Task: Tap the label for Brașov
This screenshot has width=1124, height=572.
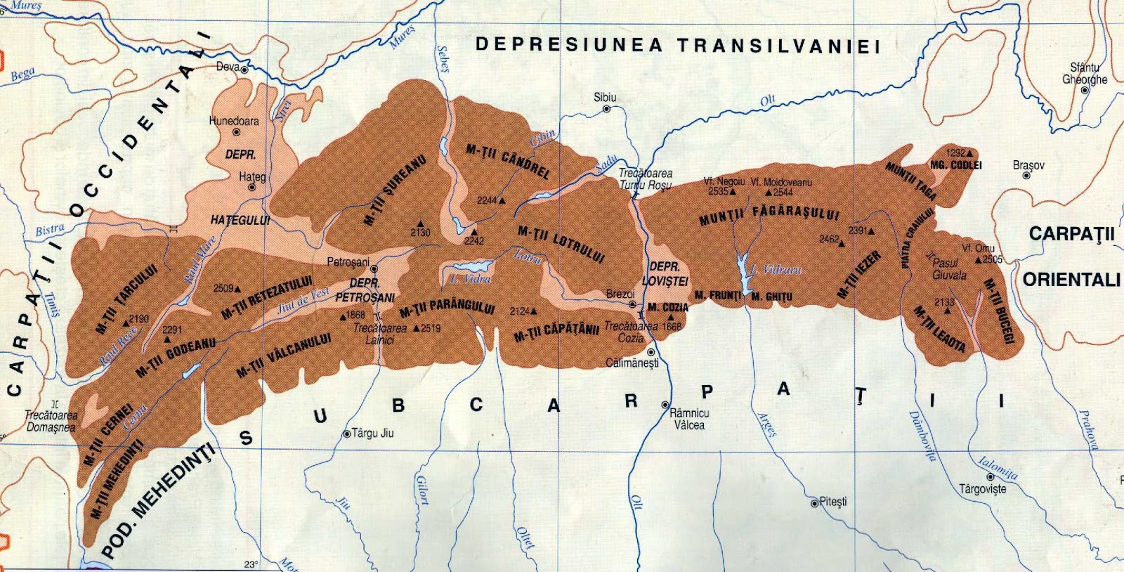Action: [x=1028, y=165]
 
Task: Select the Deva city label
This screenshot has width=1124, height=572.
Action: [x=228, y=67]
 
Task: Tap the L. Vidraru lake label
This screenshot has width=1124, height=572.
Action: [x=775, y=269]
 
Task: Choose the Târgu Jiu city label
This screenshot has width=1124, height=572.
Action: [x=372, y=434]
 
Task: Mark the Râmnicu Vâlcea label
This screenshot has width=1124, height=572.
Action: [x=689, y=420]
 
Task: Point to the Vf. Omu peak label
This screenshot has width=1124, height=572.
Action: [x=977, y=248]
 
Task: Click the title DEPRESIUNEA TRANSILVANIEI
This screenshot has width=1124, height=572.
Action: [x=677, y=46]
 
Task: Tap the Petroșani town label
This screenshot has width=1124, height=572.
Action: [x=348, y=262]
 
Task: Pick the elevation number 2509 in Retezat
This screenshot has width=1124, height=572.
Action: [x=223, y=288]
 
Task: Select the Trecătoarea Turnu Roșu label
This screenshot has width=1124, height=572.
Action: [x=645, y=179]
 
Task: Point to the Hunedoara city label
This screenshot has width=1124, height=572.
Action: [x=233, y=121]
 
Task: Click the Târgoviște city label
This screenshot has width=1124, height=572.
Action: [x=982, y=489]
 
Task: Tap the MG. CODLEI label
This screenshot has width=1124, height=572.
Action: [x=955, y=165]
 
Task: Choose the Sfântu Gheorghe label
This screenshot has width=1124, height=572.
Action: [x=1084, y=74]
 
